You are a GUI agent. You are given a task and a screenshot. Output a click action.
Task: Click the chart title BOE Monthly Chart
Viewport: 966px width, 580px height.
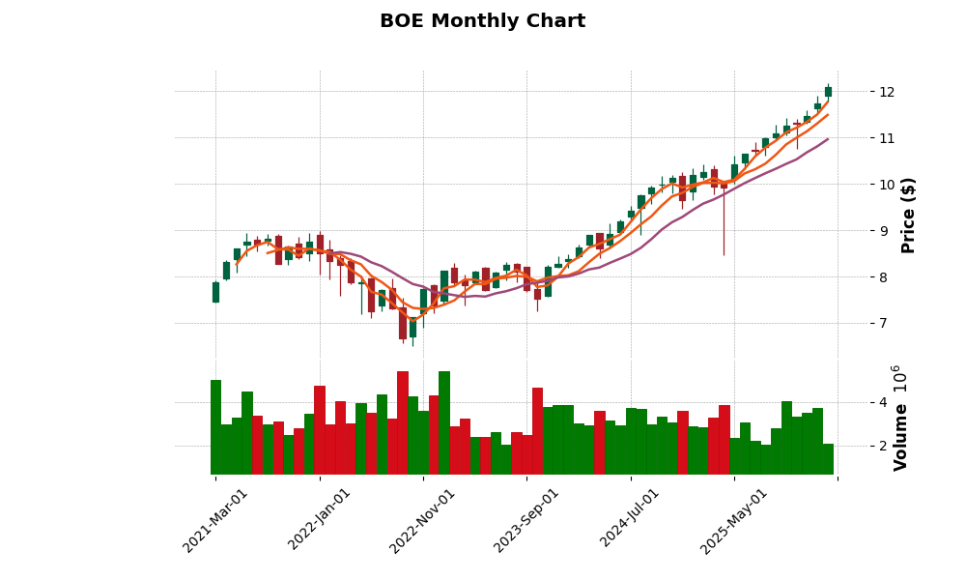482,21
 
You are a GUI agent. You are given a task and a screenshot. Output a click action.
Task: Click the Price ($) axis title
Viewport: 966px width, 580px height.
908,215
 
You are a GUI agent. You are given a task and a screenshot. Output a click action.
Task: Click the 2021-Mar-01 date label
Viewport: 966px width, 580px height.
214,520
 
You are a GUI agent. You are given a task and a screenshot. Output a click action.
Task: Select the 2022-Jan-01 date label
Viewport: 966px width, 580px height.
319,520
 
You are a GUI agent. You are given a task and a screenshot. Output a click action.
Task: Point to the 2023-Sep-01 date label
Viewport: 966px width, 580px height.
526,520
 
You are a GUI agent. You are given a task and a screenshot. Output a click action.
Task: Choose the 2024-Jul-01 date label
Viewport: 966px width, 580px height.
630,520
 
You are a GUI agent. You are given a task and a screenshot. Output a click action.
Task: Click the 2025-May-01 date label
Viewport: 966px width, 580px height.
734,520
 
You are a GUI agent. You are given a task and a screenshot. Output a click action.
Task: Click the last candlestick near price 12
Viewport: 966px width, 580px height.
828,92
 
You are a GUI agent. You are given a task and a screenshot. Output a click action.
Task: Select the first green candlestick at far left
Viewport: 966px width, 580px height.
215,292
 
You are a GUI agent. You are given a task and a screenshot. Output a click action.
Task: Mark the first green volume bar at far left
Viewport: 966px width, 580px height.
215,427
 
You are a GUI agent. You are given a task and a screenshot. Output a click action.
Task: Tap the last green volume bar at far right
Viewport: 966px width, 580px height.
828,459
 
